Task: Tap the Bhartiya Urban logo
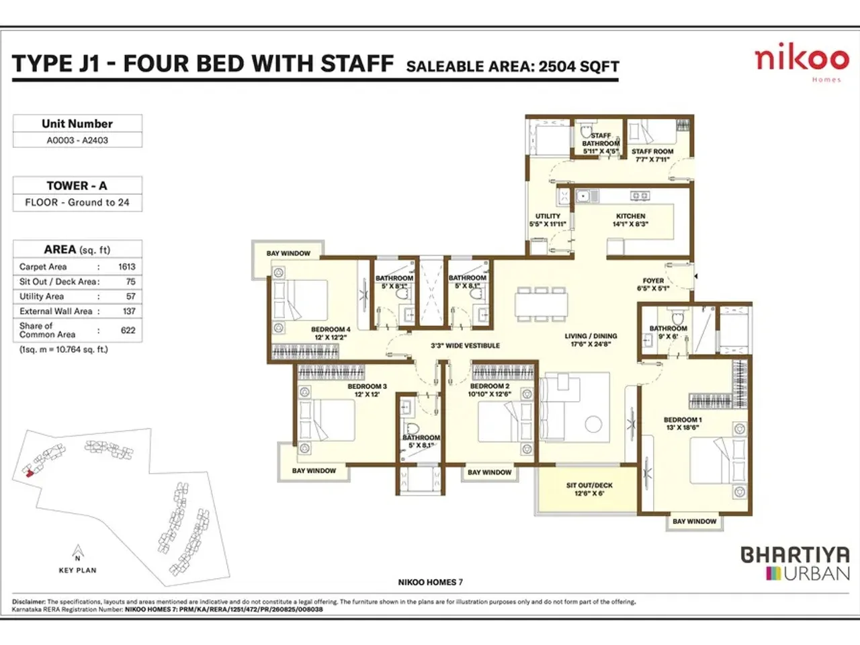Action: click(x=795, y=564)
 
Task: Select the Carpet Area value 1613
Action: click(x=127, y=267)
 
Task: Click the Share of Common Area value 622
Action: click(x=128, y=330)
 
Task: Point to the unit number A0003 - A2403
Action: click(x=77, y=140)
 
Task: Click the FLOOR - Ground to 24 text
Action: click(x=77, y=202)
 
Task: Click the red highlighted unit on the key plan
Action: click(x=28, y=473)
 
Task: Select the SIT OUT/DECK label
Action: click(x=589, y=485)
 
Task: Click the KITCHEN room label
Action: click(x=630, y=216)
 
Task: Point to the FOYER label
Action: click(x=653, y=281)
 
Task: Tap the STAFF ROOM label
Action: click(x=652, y=152)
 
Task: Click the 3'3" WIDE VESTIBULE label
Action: click(x=465, y=346)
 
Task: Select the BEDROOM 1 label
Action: click(x=683, y=420)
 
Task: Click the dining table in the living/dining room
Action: click(x=541, y=302)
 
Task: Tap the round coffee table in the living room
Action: click(x=593, y=424)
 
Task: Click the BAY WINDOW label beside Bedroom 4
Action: click(x=288, y=253)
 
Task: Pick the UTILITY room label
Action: click(x=548, y=216)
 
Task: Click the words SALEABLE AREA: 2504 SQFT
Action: click(x=513, y=66)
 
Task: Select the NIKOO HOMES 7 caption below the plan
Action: click(x=430, y=583)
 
